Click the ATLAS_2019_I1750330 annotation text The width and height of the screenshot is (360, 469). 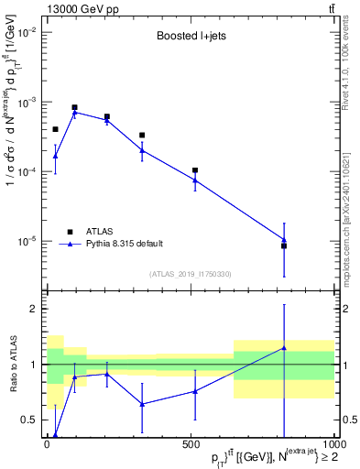click(189, 274)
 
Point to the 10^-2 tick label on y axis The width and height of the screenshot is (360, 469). click(27, 32)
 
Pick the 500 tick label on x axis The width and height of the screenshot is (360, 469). click(190, 443)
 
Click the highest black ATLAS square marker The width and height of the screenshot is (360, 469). click(75, 107)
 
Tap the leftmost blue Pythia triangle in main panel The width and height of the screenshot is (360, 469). click(55, 156)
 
